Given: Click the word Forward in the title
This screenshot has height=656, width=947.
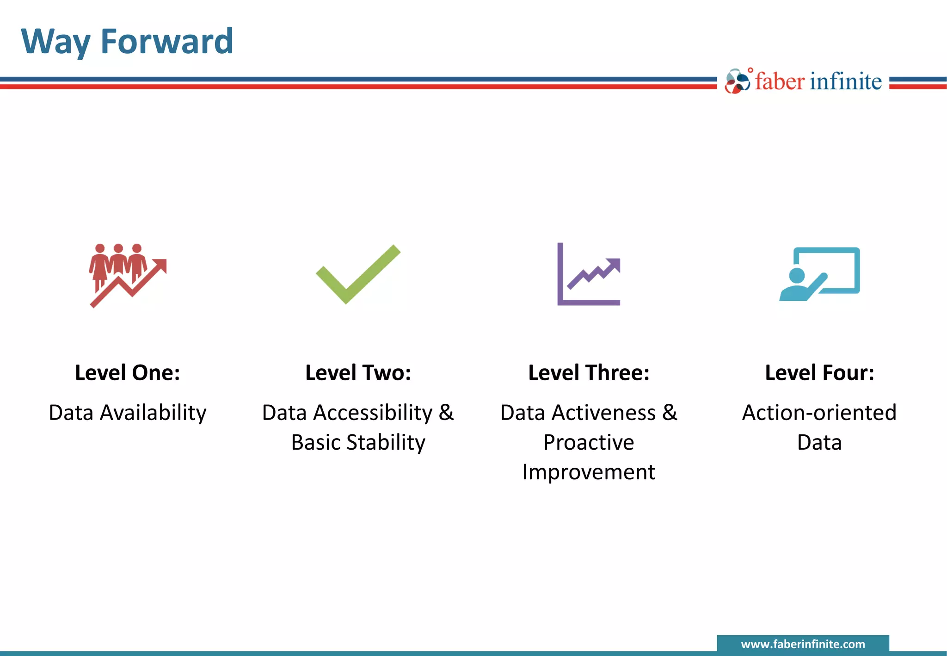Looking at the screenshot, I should tap(166, 42).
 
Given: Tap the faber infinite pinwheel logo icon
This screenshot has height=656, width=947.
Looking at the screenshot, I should tap(737, 82).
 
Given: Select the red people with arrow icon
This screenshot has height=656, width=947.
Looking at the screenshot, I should tap(128, 275).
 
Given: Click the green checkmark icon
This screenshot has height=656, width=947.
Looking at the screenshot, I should tap(358, 274).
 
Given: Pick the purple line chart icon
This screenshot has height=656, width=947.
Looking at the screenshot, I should tap(588, 274).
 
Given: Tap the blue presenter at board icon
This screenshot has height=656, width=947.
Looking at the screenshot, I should tap(819, 274).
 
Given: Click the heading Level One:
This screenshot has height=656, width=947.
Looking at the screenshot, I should tap(128, 373).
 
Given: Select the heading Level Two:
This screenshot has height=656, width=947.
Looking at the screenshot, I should tap(358, 373).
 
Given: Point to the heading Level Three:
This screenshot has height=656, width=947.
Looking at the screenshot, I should tap(589, 373).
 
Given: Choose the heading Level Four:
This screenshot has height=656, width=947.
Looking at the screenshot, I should tap(819, 373).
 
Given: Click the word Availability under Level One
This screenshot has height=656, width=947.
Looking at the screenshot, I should tap(153, 413).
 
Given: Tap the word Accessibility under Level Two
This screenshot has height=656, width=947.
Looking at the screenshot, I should tap(373, 413).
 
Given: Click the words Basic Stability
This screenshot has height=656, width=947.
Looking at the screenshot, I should tap(358, 443).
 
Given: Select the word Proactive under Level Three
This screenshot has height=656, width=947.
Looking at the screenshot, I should tap(589, 443).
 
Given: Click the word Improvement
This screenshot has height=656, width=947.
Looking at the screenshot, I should tap(589, 472).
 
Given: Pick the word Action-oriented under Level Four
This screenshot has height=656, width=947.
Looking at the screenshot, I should tap(819, 413).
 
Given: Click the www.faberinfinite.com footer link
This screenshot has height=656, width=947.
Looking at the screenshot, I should tap(803, 644).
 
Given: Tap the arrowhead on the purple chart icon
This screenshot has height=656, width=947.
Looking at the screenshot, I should tap(615, 264).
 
